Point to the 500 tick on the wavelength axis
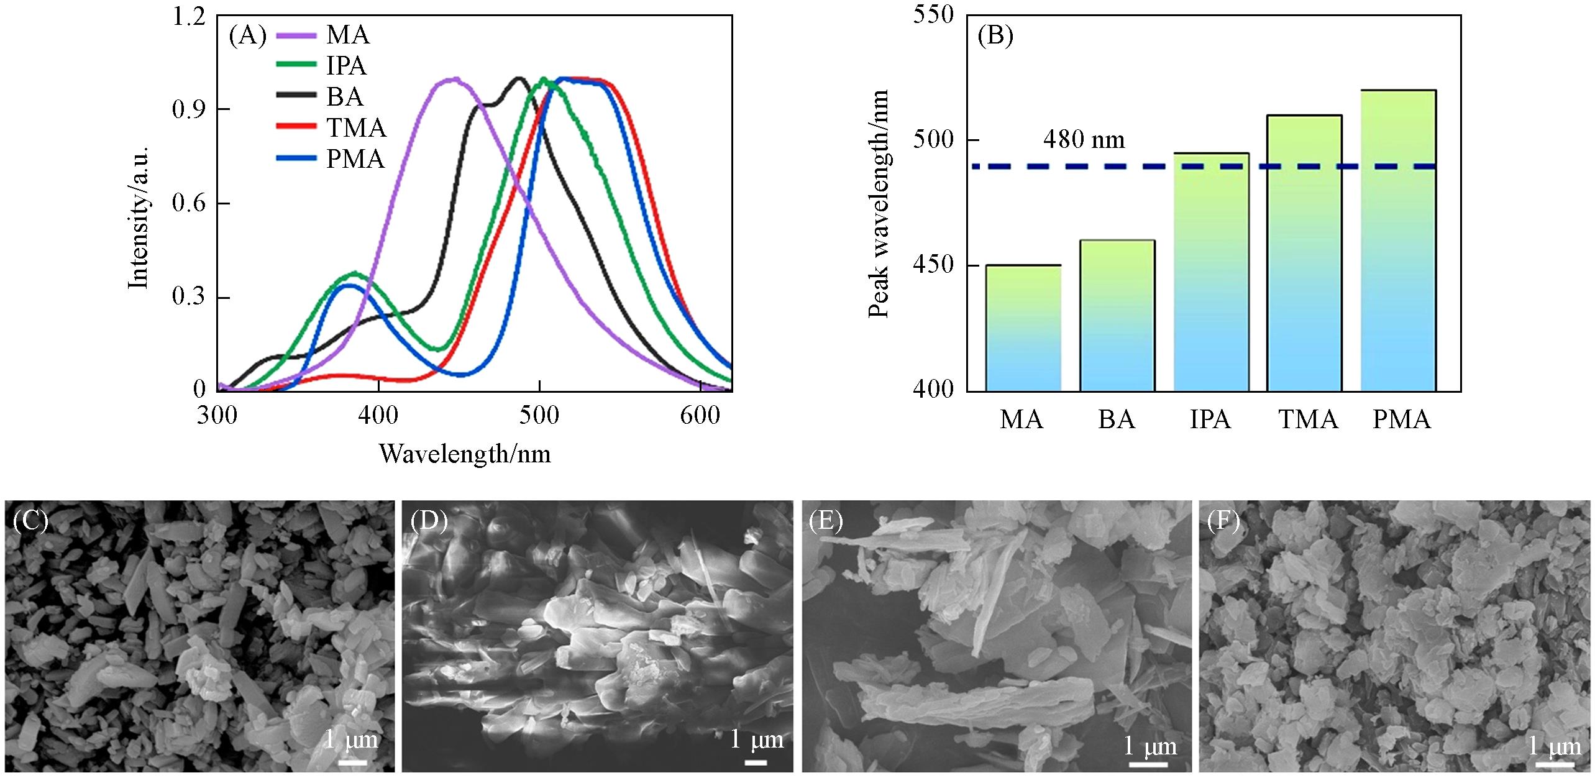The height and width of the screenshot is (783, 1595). (539, 415)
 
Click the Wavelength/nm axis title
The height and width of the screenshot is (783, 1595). (465, 454)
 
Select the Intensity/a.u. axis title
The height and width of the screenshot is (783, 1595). (138, 218)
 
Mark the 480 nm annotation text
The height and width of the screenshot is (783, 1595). (1084, 139)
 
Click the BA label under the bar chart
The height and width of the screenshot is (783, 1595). (1116, 420)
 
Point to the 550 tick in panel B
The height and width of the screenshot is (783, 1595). (933, 15)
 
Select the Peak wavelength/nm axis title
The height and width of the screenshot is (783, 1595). (879, 204)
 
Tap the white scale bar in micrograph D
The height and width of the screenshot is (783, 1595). (756, 762)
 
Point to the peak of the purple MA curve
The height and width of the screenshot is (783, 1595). (455, 79)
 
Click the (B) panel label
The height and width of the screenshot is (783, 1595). (995, 36)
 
